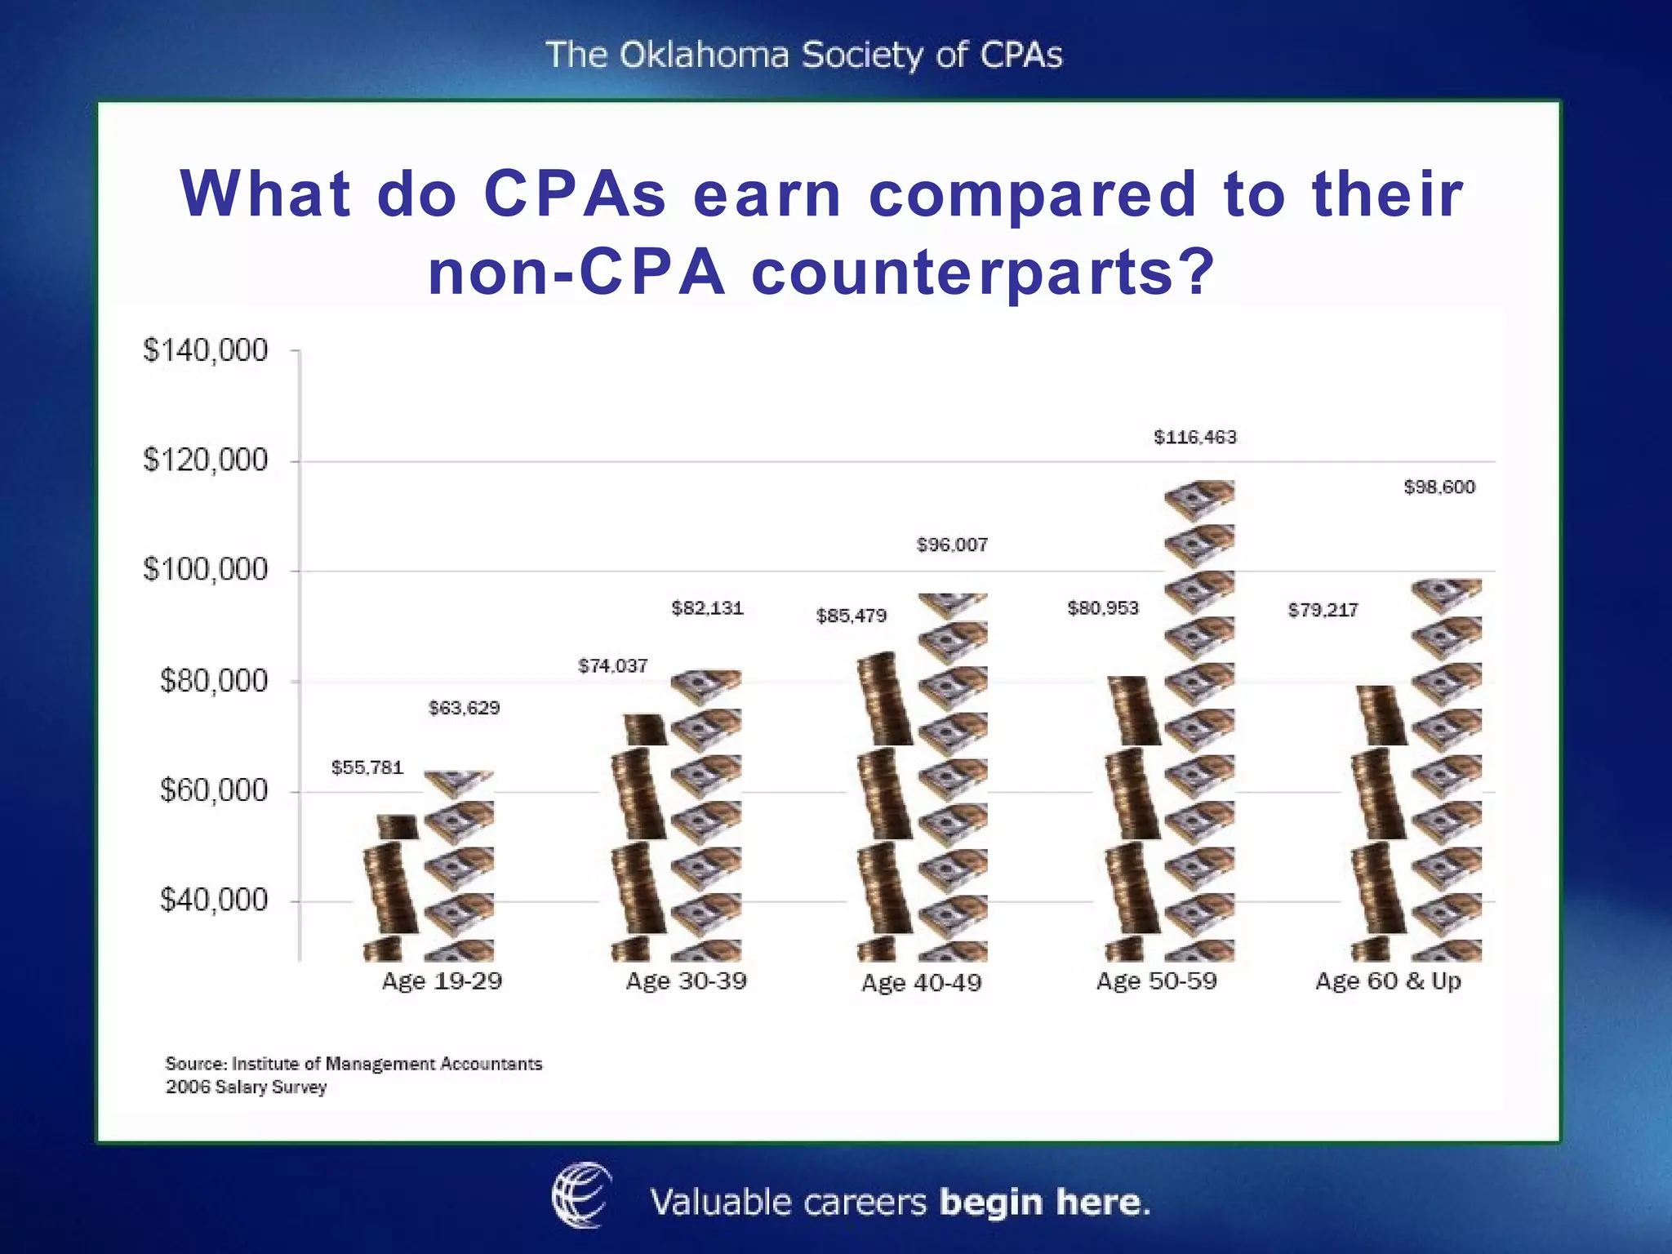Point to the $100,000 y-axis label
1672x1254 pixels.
tap(205, 570)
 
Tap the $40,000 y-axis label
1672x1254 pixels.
tap(213, 900)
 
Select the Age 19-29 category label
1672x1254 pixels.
tap(442, 981)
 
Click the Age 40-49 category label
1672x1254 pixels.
tap(921, 982)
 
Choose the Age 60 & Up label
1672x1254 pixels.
tap(1388, 981)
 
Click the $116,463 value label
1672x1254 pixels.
tap(1194, 438)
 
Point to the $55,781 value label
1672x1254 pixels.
tap(367, 767)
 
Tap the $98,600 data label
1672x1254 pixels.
tap(1439, 487)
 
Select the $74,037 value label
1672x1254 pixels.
tap(613, 666)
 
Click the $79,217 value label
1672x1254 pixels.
tap(1323, 611)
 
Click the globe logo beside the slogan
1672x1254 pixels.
tap(581, 1196)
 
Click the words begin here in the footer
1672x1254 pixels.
tap(1044, 1203)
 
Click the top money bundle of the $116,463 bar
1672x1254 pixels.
tap(1198, 500)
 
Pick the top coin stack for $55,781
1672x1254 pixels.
tap(398, 827)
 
